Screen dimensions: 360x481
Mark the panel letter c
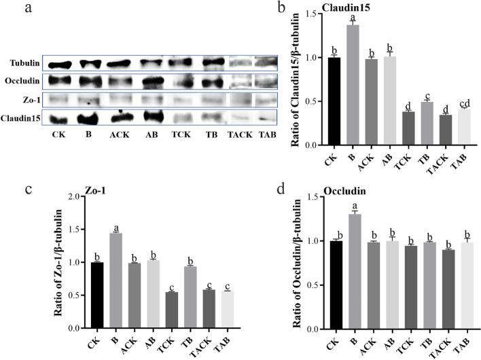[x=10, y=190]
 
